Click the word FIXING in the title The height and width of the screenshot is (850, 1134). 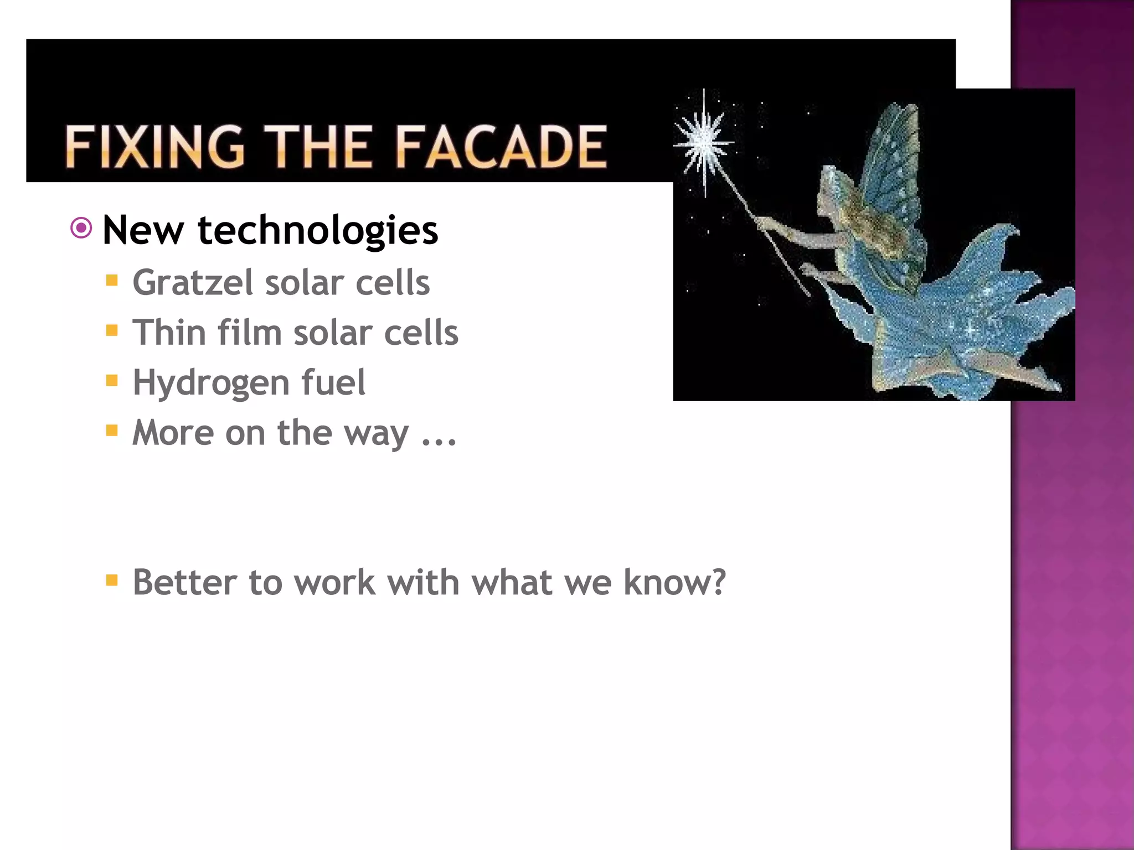(x=154, y=147)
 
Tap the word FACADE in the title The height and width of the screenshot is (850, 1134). (x=502, y=147)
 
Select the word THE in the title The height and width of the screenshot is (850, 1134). (x=319, y=147)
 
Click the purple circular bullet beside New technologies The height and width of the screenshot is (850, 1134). (x=81, y=228)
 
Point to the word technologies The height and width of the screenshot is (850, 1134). (x=318, y=231)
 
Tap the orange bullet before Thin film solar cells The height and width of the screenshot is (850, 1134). (x=112, y=331)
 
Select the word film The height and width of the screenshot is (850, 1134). (x=250, y=333)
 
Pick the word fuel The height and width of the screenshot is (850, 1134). (x=333, y=382)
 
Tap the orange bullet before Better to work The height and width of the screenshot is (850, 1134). (x=112, y=581)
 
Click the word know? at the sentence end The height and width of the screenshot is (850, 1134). (x=674, y=583)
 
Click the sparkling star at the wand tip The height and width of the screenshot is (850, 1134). (x=704, y=143)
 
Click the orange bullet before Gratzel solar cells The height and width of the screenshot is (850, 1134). (x=112, y=281)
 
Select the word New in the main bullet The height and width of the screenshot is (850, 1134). (x=143, y=231)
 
